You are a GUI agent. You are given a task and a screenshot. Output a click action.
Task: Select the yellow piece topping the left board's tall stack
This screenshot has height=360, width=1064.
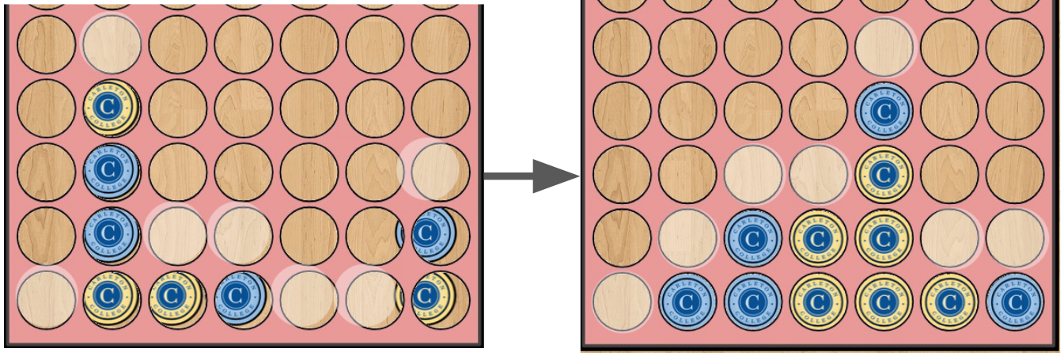click(112, 108)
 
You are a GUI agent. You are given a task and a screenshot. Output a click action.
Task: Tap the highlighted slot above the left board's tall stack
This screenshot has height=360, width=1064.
click(112, 44)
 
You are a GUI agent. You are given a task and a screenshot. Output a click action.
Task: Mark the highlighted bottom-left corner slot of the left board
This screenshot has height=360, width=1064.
click(46, 299)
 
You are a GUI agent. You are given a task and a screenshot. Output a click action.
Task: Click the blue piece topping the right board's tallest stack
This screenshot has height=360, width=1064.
click(884, 110)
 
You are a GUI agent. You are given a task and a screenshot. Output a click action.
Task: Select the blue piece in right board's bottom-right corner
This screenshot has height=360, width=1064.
click(1015, 302)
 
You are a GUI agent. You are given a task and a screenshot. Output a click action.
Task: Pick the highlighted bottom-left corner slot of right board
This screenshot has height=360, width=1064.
click(622, 302)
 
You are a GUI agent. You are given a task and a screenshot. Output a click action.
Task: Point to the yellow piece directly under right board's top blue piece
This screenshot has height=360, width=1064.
click(884, 174)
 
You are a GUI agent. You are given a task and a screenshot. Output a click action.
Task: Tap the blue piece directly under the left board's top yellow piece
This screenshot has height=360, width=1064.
click(112, 171)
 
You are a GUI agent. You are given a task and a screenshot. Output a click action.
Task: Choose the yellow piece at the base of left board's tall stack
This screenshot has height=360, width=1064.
click(112, 298)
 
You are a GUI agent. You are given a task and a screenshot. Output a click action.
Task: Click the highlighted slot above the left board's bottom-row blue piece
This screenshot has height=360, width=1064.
click(243, 234)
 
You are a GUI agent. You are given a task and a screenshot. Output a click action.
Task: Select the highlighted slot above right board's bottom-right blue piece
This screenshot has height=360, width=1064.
click(1015, 238)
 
